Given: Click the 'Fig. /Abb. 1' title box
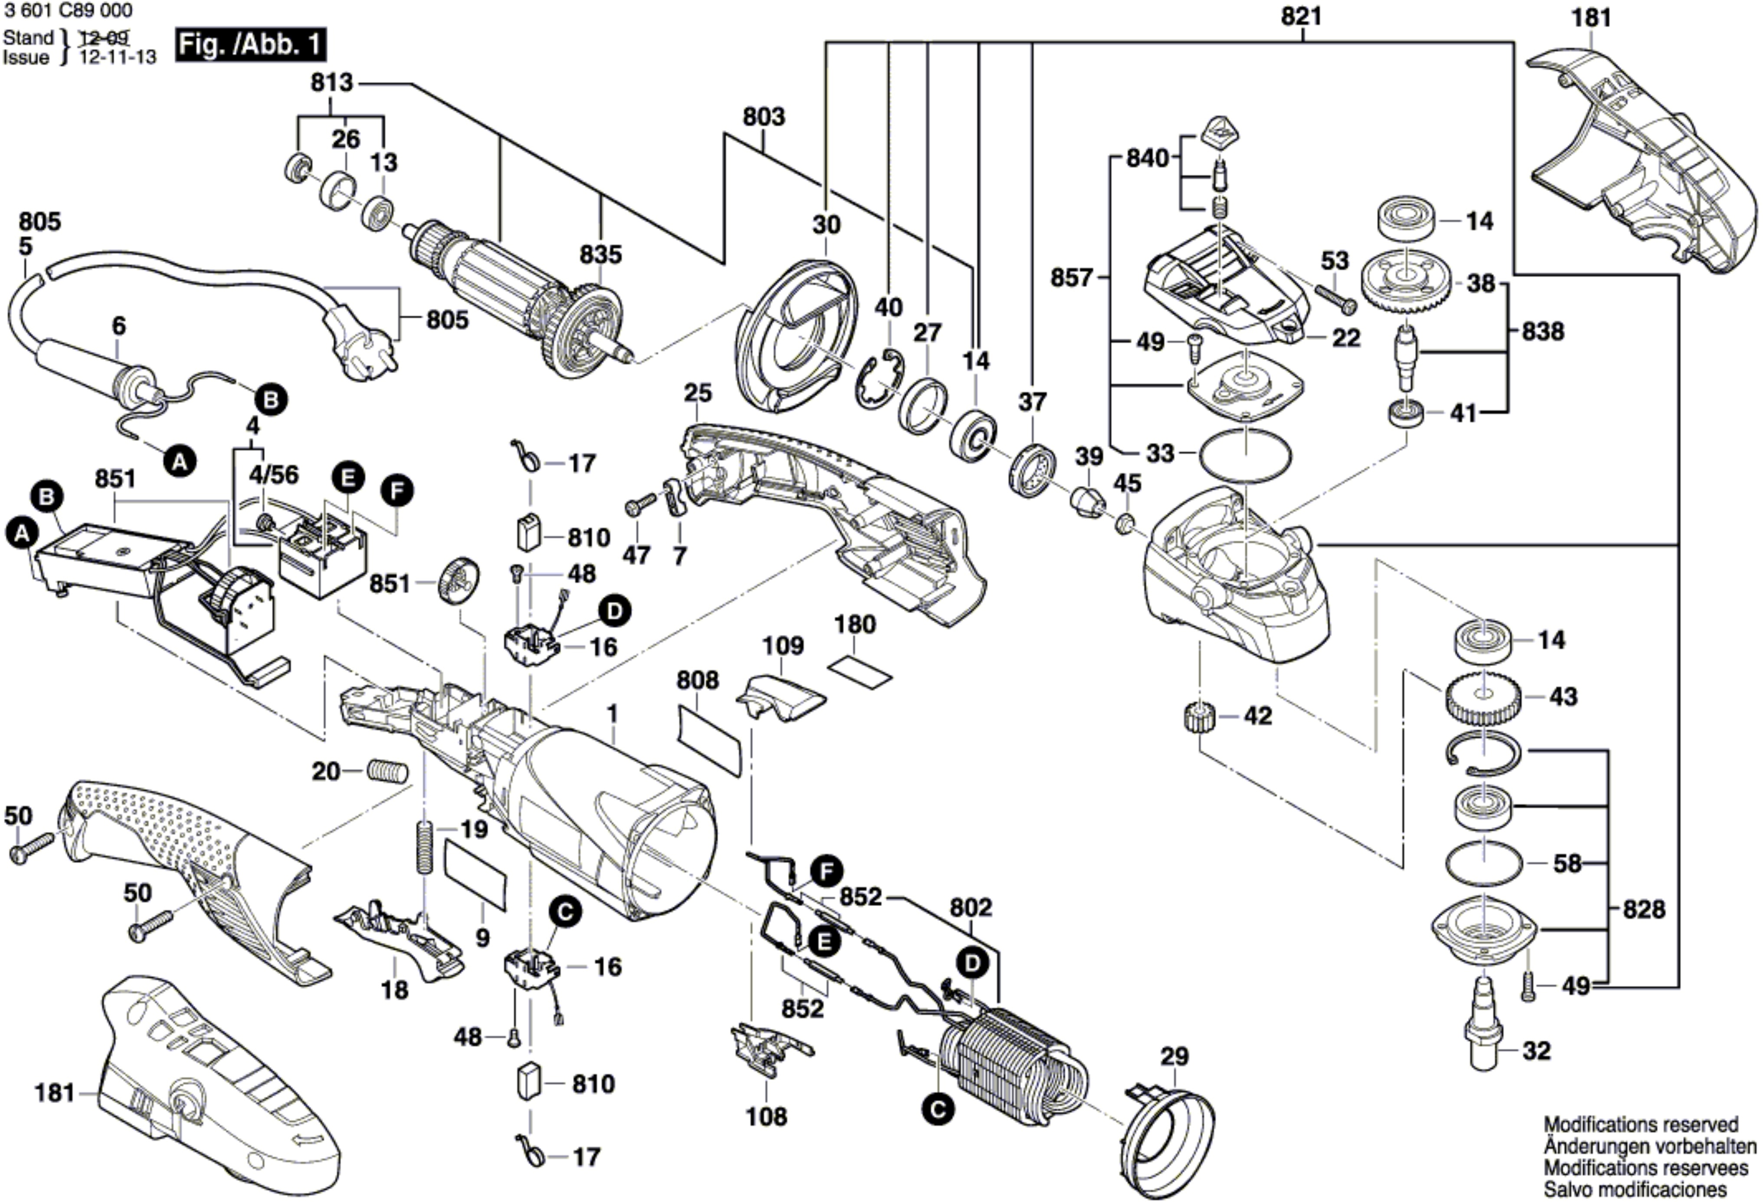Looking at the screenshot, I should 250,46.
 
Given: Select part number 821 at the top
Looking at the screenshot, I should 1302,16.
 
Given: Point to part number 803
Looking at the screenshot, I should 763,117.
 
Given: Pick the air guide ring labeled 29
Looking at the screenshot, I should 1168,1138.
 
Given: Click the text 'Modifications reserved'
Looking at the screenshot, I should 1640,1124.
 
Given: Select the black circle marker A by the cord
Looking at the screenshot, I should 180,460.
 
